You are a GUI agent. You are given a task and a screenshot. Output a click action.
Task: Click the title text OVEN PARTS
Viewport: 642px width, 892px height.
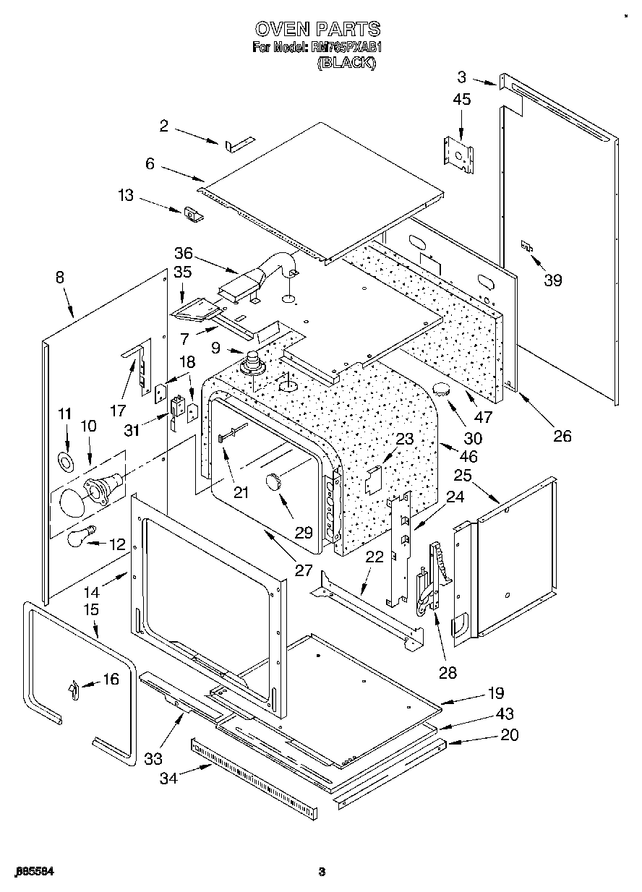pos(317,29)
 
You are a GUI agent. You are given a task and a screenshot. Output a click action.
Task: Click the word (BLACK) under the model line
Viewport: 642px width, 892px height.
pos(346,63)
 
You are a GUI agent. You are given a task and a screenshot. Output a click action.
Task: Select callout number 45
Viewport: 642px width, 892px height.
pos(461,99)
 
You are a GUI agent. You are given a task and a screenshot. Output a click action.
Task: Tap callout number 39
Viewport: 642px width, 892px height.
pos(552,280)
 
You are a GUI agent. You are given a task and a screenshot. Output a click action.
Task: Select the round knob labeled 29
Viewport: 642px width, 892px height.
pos(275,481)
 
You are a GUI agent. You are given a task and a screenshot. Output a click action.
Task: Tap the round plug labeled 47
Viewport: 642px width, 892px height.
pos(442,391)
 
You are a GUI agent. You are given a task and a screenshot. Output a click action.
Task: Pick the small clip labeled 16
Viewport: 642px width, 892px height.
pos(72,691)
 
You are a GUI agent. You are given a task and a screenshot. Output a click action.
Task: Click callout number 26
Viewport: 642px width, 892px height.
pos(562,435)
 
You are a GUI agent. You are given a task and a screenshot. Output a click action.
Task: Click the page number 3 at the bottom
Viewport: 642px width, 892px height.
pos(322,872)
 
